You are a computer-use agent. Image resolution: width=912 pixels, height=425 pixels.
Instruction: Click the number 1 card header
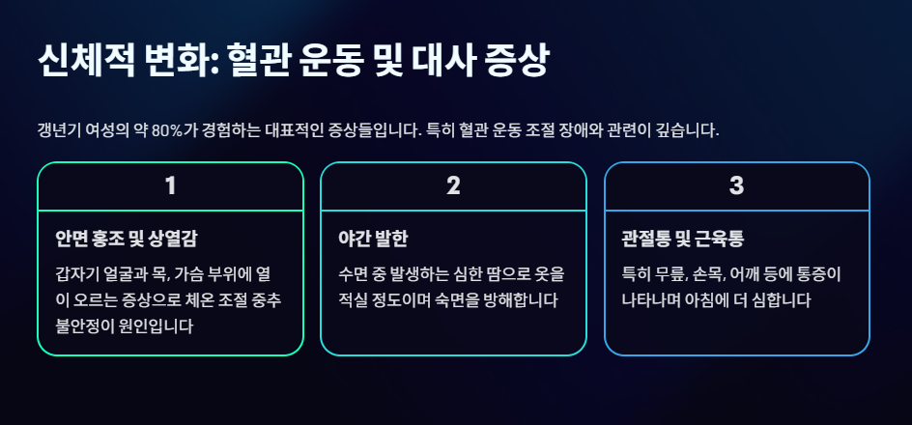(170, 186)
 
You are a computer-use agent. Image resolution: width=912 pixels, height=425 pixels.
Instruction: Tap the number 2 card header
(453, 186)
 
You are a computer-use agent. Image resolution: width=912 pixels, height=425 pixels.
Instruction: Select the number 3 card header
(736, 186)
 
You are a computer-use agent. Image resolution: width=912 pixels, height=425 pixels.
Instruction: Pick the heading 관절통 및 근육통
(682, 238)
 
